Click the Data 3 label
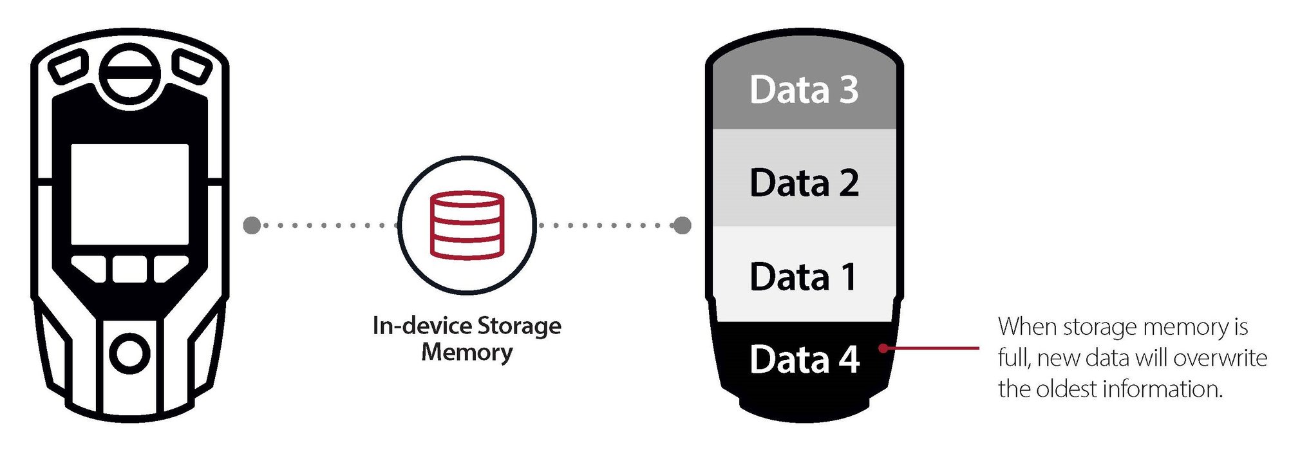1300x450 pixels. pyautogui.click(x=804, y=89)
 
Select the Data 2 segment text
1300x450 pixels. pyautogui.click(x=804, y=183)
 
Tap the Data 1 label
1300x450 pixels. pyautogui.click(x=804, y=277)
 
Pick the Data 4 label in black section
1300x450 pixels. pyautogui.click(x=804, y=359)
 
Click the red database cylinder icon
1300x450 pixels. pyautogui.click(x=467, y=225)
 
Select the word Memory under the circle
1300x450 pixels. pyautogui.click(x=467, y=352)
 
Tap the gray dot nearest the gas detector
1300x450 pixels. pyautogui.click(x=252, y=225)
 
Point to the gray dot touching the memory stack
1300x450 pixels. pyautogui.click(x=682, y=225)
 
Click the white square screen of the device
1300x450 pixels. pyautogui.click(x=129, y=194)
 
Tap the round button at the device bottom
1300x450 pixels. pyautogui.click(x=129, y=353)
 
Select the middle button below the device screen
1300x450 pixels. pyautogui.click(x=129, y=269)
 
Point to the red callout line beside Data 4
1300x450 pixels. pyautogui.click(x=934, y=348)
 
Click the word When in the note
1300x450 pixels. pyautogui.click(x=1028, y=327)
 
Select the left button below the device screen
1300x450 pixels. pyautogui.click(x=90, y=268)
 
